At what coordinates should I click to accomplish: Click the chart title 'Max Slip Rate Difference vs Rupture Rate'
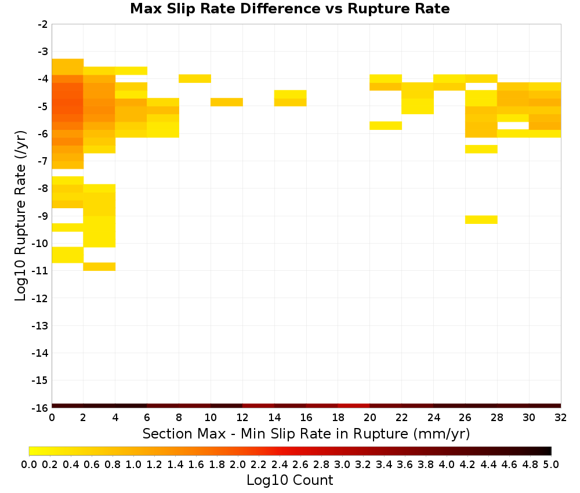(289, 9)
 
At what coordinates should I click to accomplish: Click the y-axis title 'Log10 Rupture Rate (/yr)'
(20, 216)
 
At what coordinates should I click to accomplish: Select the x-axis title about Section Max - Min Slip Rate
(306, 433)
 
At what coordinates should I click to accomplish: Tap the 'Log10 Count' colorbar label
(289, 480)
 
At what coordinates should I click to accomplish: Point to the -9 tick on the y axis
(43, 216)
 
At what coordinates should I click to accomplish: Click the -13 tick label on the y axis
(41, 325)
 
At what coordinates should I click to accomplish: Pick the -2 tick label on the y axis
(43, 24)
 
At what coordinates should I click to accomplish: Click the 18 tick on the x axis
(338, 418)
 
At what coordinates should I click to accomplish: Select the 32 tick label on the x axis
(561, 418)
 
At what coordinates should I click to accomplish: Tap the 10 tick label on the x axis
(211, 418)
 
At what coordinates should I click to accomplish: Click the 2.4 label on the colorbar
(280, 464)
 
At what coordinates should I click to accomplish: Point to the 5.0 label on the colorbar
(551, 464)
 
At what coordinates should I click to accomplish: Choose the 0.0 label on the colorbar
(29, 464)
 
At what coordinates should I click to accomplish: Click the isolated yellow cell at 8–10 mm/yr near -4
(195, 78)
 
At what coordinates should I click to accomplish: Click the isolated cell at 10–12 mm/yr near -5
(227, 102)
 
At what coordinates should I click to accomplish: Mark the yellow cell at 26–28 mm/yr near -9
(481, 220)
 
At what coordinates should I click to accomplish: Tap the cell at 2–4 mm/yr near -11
(100, 267)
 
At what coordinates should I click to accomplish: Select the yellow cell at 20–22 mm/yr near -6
(386, 126)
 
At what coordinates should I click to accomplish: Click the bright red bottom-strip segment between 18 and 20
(354, 406)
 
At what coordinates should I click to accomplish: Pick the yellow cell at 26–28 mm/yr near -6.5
(481, 149)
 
